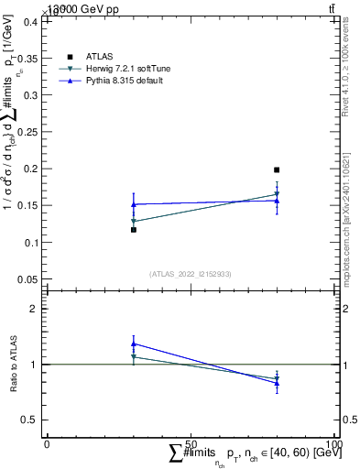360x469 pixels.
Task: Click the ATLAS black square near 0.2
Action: tap(277, 169)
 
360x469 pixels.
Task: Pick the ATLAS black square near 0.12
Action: tap(134, 230)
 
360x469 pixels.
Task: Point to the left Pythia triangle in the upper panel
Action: tap(134, 204)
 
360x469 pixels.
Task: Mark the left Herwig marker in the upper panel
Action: tap(134, 221)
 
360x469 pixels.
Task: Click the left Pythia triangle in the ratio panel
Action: tap(134, 344)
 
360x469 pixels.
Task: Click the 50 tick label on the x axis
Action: tap(191, 443)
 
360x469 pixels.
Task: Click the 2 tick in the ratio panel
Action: tap(35, 309)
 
